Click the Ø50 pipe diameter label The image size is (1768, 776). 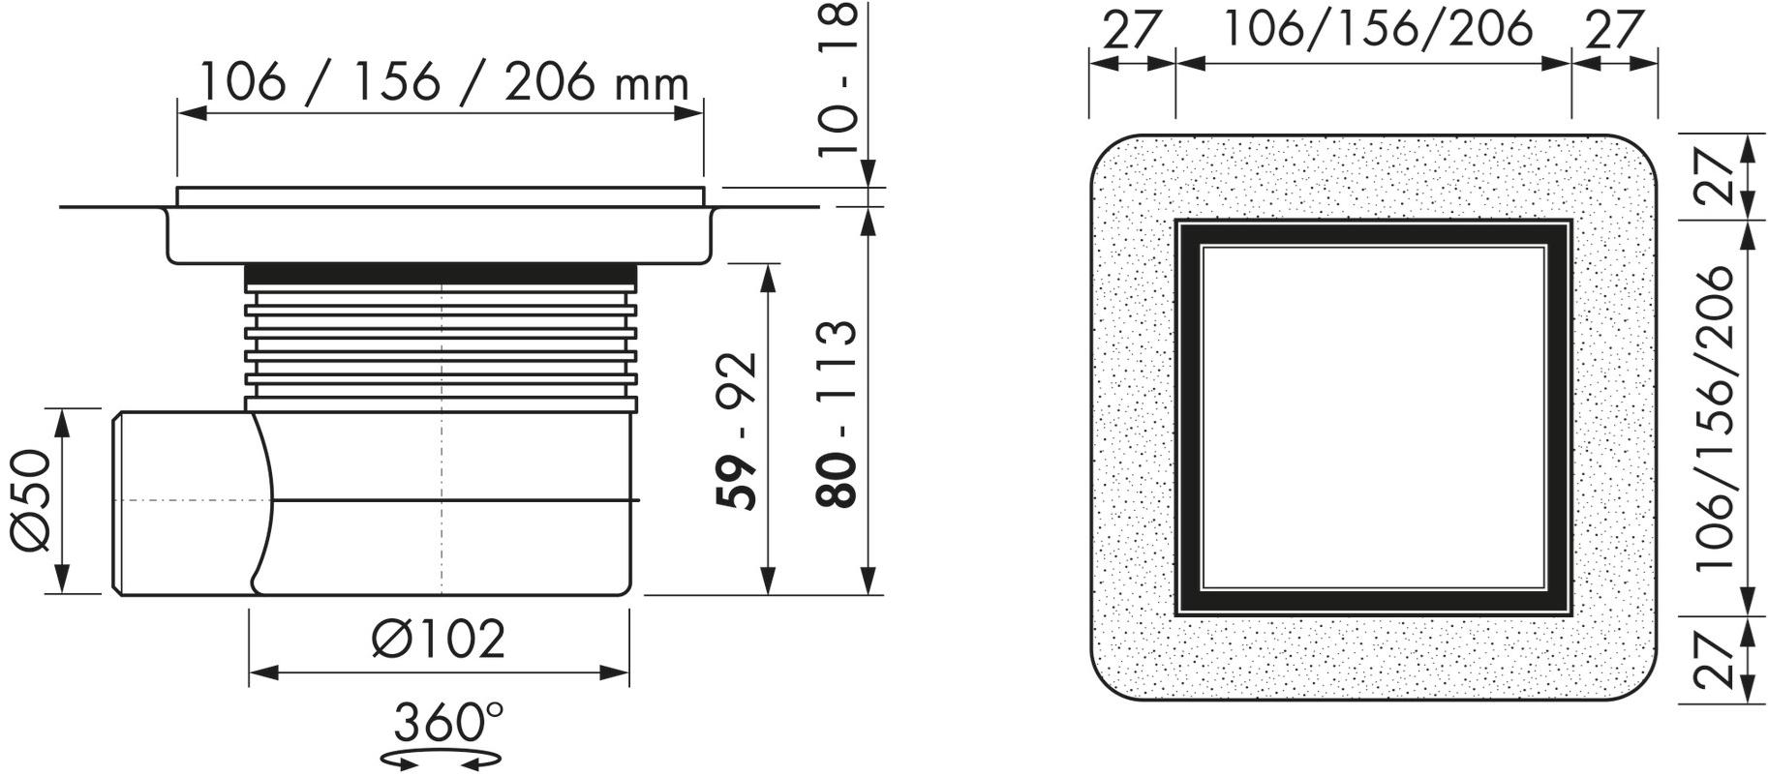(x=31, y=500)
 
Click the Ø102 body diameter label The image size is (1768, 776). (x=439, y=640)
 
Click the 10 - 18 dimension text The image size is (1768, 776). (x=838, y=77)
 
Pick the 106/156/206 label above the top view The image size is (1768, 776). (x=1378, y=28)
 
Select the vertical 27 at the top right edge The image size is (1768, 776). (x=1715, y=176)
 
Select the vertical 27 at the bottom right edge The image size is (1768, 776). (x=1715, y=660)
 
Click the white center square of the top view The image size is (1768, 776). (x=1372, y=418)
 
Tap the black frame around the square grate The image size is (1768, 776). (x=1188, y=418)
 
